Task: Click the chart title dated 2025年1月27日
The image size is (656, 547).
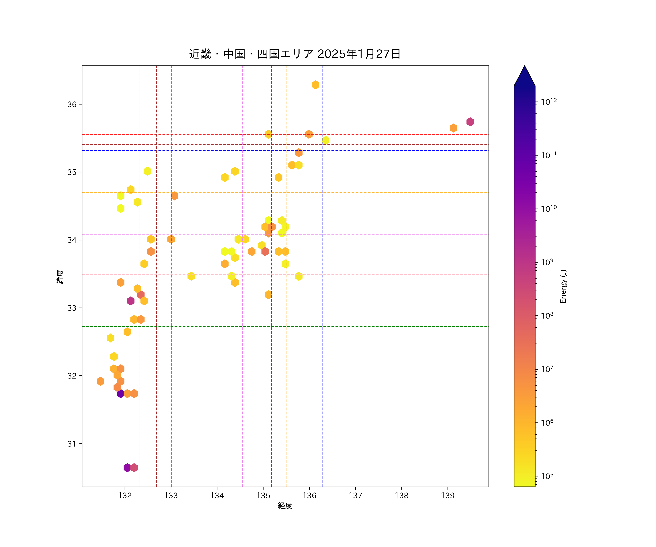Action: tap(295, 54)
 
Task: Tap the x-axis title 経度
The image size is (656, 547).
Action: tap(285, 505)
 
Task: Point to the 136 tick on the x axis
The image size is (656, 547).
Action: tap(309, 495)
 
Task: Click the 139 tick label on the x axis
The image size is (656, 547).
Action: tap(448, 495)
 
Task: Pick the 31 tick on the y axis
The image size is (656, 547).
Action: tap(72, 444)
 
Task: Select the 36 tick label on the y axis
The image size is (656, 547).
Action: tap(72, 104)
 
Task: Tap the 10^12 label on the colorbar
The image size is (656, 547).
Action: tap(549, 102)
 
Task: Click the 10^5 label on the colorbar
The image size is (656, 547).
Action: tap(547, 476)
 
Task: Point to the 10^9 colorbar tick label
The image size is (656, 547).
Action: tap(547, 262)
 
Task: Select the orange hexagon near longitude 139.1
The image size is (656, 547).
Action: tap(453, 128)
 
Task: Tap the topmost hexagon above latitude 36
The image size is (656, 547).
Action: tap(315, 85)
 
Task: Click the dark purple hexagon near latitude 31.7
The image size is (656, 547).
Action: tap(121, 393)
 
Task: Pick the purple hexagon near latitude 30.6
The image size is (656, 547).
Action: tap(127, 468)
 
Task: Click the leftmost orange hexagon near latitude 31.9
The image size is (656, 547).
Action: tap(100, 381)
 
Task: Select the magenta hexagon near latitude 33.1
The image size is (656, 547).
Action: tap(131, 301)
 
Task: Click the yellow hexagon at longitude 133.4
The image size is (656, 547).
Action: tap(191, 276)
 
